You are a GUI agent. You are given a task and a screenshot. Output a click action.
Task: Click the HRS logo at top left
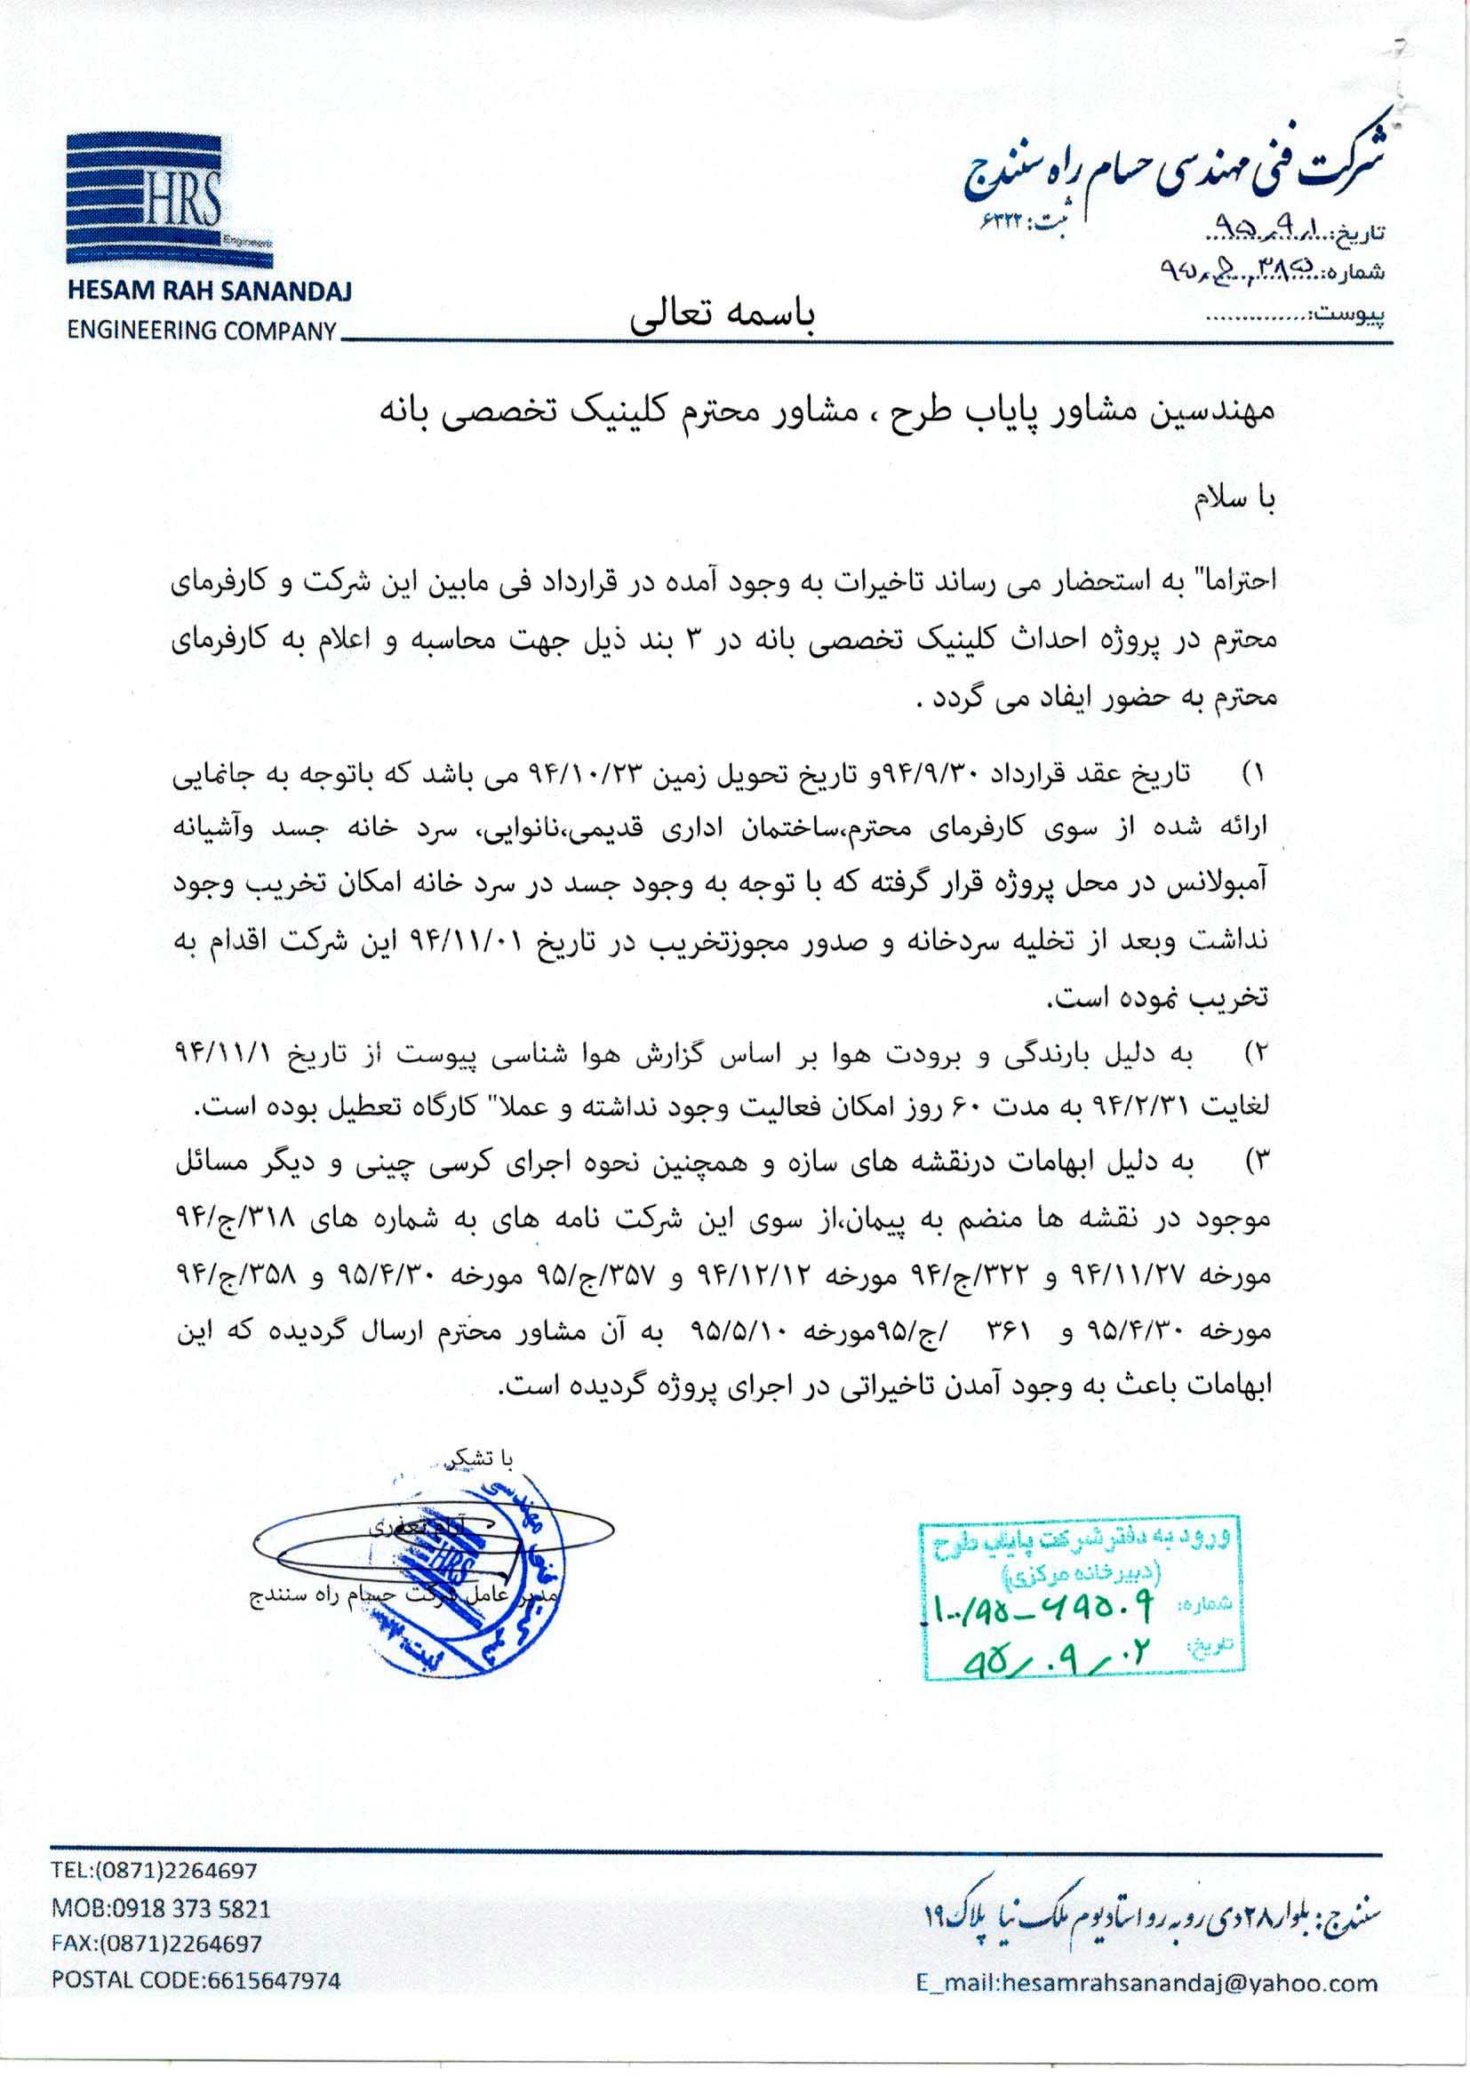click(170, 201)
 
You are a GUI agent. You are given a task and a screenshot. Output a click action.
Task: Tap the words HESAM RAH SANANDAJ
click(209, 292)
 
